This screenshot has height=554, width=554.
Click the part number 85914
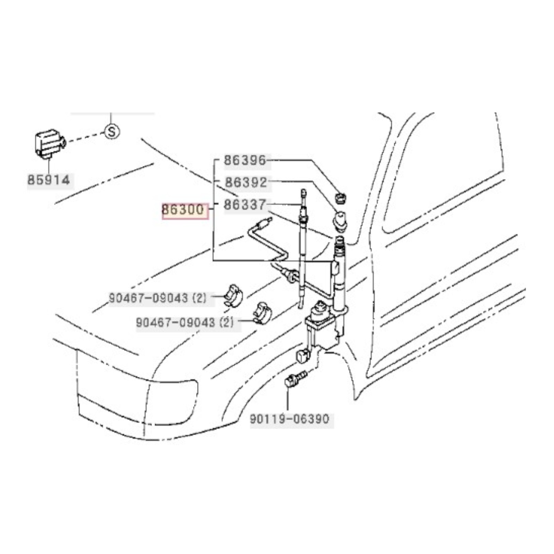point(49,180)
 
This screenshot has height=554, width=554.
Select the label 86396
point(245,160)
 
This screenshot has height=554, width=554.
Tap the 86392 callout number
point(246,182)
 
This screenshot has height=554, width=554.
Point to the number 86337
point(245,205)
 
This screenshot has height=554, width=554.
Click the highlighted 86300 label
point(183,210)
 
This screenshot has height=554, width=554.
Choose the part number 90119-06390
point(289,419)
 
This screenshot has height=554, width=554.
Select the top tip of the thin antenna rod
point(303,191)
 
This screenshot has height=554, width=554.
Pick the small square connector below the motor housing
point(303,355)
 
